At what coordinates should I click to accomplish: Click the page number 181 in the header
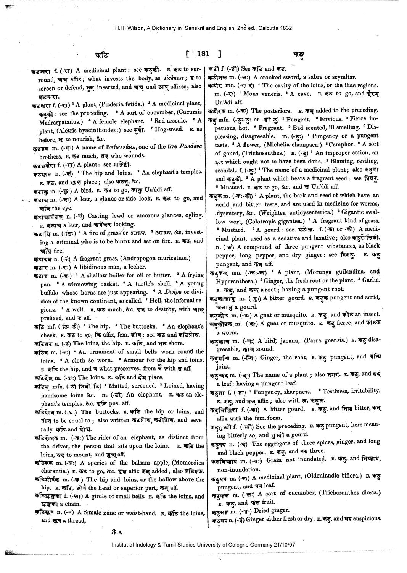[203, 54]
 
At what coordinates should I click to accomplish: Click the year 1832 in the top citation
[285, 28]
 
